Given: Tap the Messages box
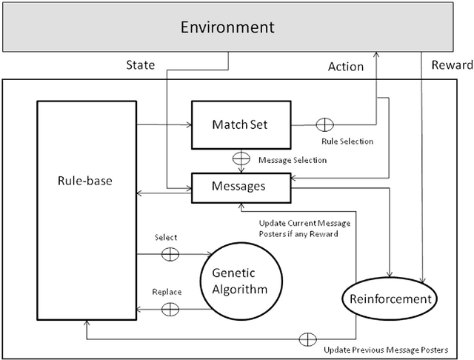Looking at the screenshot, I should point(240,186).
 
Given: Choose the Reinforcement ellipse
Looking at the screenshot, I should point(387,299).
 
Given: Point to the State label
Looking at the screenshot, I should point(139,65).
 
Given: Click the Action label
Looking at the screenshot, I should point(346,66).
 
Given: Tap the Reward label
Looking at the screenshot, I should point(451,65).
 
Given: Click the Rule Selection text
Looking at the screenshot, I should point(347,141).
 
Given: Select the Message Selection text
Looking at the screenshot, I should point(292,159).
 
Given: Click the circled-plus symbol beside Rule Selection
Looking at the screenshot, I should point(326,124).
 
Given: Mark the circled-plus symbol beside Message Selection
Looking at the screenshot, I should point(241,159).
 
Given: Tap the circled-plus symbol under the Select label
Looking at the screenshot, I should point(170,253).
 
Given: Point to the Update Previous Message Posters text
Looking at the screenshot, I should point(386,349).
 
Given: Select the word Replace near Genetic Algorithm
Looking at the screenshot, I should point(167,291).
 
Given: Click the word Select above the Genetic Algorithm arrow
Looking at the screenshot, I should point(166,237).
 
